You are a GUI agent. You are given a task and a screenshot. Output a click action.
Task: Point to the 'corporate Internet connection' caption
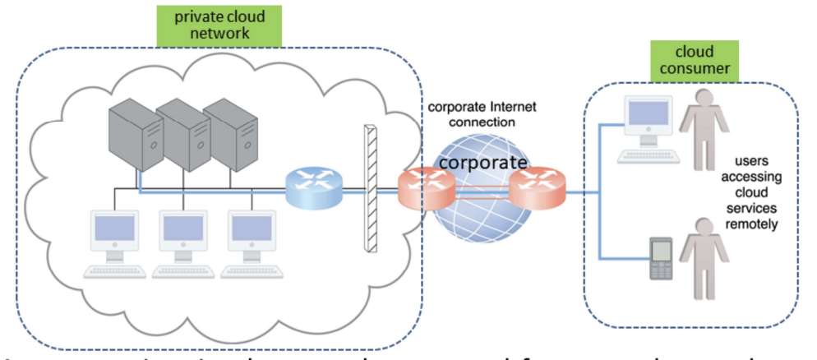click(x=471, y=114)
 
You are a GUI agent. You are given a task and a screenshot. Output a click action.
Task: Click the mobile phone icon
click(x=661, y=258)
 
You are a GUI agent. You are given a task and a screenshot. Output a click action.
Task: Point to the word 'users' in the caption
click(x=753, y=163)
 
